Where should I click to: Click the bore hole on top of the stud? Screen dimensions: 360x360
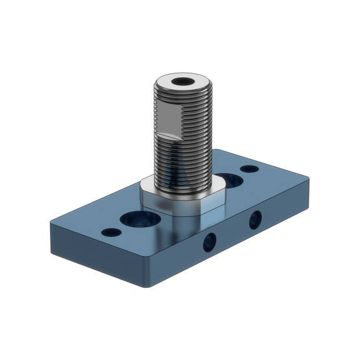pyautogui.click(x=184, y=83)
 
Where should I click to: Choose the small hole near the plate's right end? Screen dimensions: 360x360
pyautogui.click(x=249, y=169)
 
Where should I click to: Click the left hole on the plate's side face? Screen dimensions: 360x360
pyautogui.click(x=209, y=242)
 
